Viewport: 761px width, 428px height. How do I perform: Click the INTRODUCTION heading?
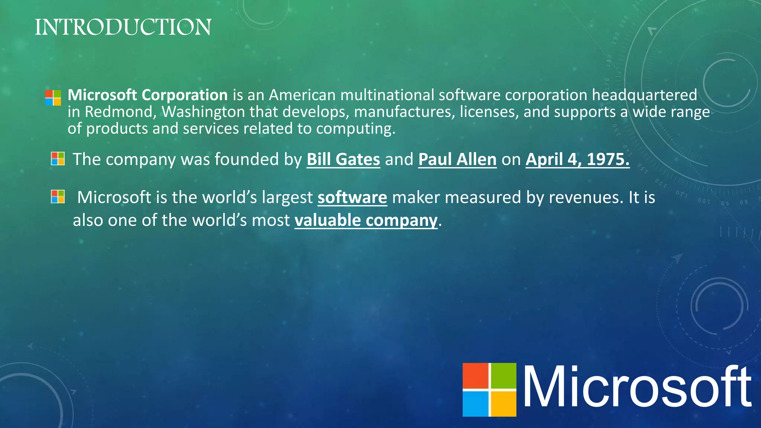click(123, 27)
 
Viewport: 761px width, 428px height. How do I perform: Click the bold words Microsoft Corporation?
click(148, 95)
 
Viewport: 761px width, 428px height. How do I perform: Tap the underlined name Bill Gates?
click(343, 159)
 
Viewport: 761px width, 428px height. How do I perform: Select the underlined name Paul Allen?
click(457, 159)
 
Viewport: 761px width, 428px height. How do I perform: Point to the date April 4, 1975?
click(577, 159)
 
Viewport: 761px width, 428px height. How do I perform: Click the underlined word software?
click(352, 197)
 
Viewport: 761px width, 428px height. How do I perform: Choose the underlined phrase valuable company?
click(366, 220)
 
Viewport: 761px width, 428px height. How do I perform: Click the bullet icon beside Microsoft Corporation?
click(53, 98)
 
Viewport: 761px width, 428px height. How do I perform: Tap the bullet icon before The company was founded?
click(58, 159)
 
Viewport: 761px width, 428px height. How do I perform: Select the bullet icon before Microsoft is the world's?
click(58, 197)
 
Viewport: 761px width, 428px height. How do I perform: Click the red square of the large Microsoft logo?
click(475, 376)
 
